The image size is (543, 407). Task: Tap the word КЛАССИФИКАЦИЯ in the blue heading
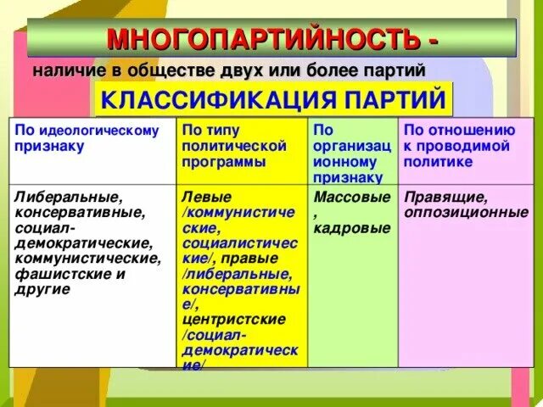pos(204,100)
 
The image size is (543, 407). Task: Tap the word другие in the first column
pos(42,289)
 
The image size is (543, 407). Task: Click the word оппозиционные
pos(466,212)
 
